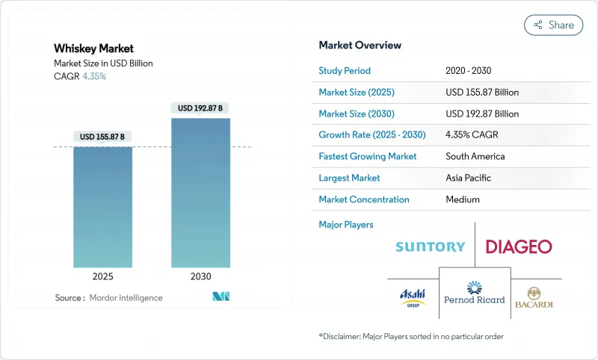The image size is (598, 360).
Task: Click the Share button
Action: tap(554, 25)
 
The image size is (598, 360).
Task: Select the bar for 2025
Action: tap(102, 207)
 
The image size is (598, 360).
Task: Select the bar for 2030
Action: tap(200, 193)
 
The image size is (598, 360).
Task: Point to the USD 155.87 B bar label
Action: tap(102, 137)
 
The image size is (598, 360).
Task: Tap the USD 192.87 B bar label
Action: tap(200, 108)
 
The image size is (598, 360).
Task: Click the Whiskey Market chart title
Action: tap(94, 49)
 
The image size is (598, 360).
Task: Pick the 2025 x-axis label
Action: tap(102, 276)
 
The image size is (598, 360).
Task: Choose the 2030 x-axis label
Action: tap(200, 276)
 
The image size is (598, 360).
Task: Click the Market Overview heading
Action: tap(360, 45)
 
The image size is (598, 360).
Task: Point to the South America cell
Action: tap(475, 157)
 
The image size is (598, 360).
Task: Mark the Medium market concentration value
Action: tap(462, 199)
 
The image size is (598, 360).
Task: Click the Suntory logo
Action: tap(430, 246)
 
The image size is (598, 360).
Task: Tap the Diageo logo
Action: tap(519, 246)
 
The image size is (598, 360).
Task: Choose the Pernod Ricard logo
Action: tap(475, 293)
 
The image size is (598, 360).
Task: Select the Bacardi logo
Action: tap(535, 297)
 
